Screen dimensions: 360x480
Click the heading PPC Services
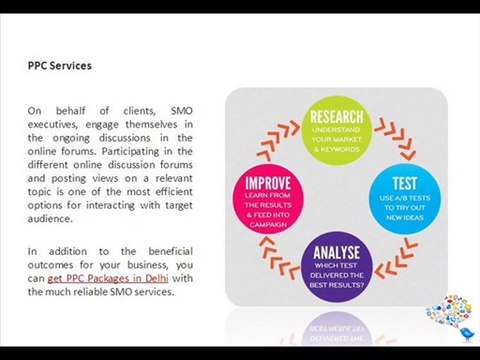(x=59, y=66)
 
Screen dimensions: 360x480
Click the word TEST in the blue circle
(x=406, y=184)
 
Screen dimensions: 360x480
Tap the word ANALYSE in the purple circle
(x=337, y=253)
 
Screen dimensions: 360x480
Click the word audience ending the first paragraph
(x=52, y=219)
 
